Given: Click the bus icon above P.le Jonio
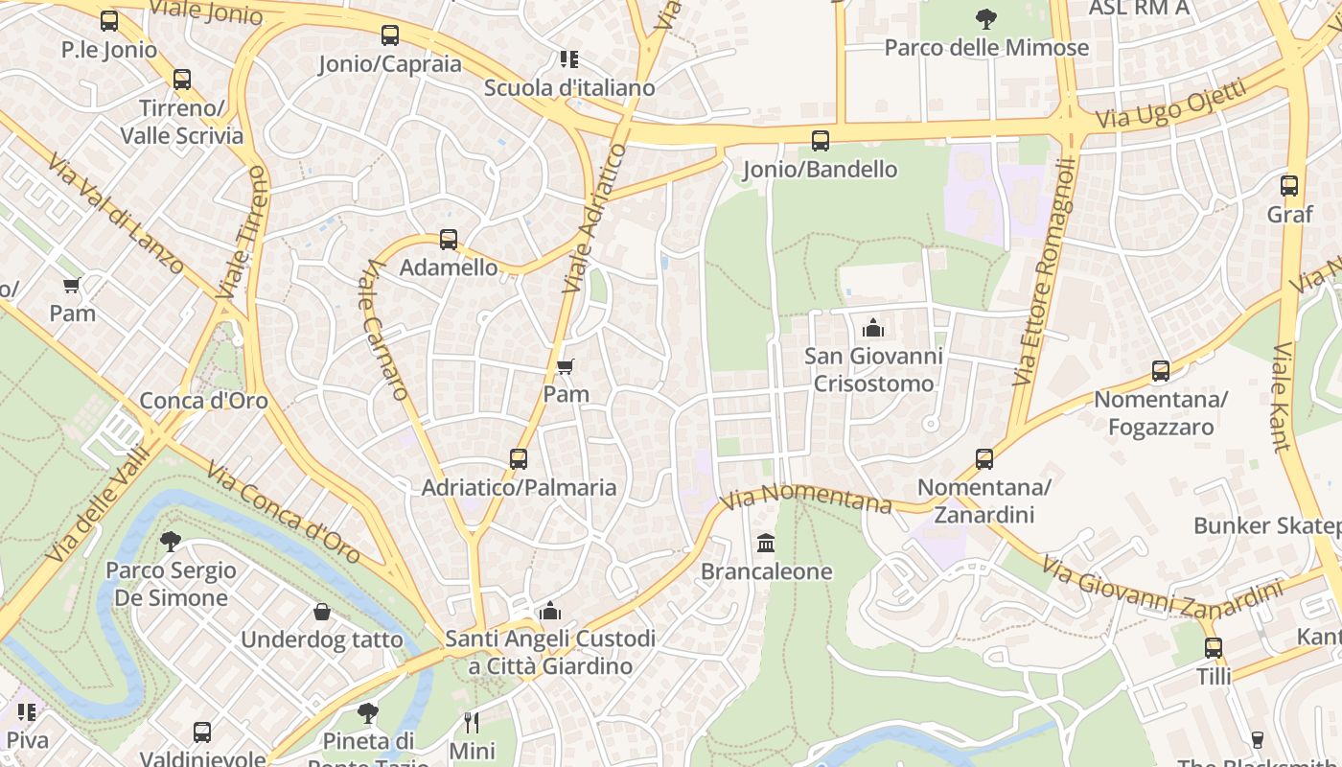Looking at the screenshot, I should point(109,20).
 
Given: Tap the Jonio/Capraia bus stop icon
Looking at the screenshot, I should point(390,35).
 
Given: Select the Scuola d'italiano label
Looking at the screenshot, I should point(569,87).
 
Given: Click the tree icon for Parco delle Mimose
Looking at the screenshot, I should point(985,18).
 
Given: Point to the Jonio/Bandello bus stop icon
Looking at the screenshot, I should point(821,141).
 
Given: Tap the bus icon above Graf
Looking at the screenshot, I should point(1289,186).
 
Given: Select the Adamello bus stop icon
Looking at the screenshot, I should point(449,240).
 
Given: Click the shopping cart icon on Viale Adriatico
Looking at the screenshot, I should point(565,366).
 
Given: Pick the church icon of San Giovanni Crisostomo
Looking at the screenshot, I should point(873,328).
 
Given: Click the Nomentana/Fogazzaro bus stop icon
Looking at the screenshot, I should point(1161,371).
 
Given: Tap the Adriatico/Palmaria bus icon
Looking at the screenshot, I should point(519,459).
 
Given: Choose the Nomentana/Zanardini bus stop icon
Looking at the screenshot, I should point(984,459).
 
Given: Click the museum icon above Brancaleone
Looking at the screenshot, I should point(766,544).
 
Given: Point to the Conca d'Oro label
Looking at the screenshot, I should point(204,401).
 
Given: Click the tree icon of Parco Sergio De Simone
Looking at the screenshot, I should point(171,542).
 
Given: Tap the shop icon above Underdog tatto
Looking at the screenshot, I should point(322,612).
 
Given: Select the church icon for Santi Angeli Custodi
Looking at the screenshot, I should point(550,611).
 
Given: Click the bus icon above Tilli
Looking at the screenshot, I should point(1214,649).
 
